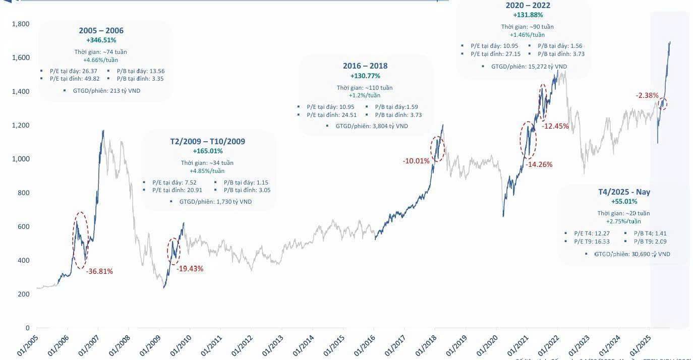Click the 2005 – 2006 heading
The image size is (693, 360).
pos(101,31)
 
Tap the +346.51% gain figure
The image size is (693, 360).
pos(101,40)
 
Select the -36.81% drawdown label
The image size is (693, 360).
pos(99,271)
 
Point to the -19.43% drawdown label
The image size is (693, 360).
pos(190,269)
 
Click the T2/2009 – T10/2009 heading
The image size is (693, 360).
pos(207,141)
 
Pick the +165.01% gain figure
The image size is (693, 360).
pos(207,151)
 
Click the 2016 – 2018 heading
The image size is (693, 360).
pos(365,66)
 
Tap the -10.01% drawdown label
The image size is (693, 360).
pos(416,161)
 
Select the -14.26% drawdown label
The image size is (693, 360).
pos(539,164)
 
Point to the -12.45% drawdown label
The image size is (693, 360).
pos(555,126)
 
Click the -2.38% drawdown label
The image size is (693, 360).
pos(647,95)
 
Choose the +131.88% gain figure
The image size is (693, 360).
pos(528,15)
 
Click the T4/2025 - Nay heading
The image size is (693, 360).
pos(623,192)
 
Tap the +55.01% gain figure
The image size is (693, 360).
pos(623,202)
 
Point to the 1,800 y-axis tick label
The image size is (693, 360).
pos(21,24)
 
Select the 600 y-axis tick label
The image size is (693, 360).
pos(23,226)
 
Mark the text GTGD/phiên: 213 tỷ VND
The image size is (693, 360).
pos(106,91)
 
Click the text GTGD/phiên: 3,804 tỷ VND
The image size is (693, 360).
pos(372,126)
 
